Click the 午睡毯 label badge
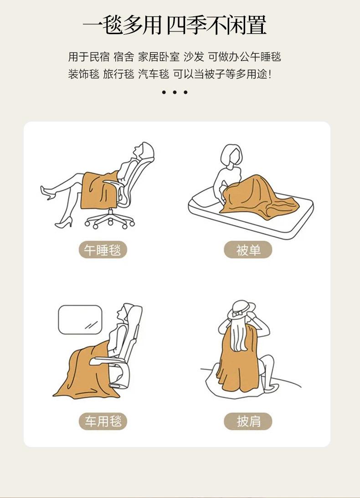[x=103, y=250]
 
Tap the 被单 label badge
[x=248, y=250]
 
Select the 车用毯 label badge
[x=103, y=421]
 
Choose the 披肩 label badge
[x=248, y=421]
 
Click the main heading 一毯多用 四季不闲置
[x=175, y=25]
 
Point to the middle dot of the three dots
[x=175, y=92]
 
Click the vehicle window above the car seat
[x=80, y=319]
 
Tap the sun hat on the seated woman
[x=241, y=309]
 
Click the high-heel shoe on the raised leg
[x=47, y=192]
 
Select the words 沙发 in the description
[x=194, y=57]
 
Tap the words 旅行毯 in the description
[x=118, y=74]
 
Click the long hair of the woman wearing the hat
[x=239, y=335]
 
